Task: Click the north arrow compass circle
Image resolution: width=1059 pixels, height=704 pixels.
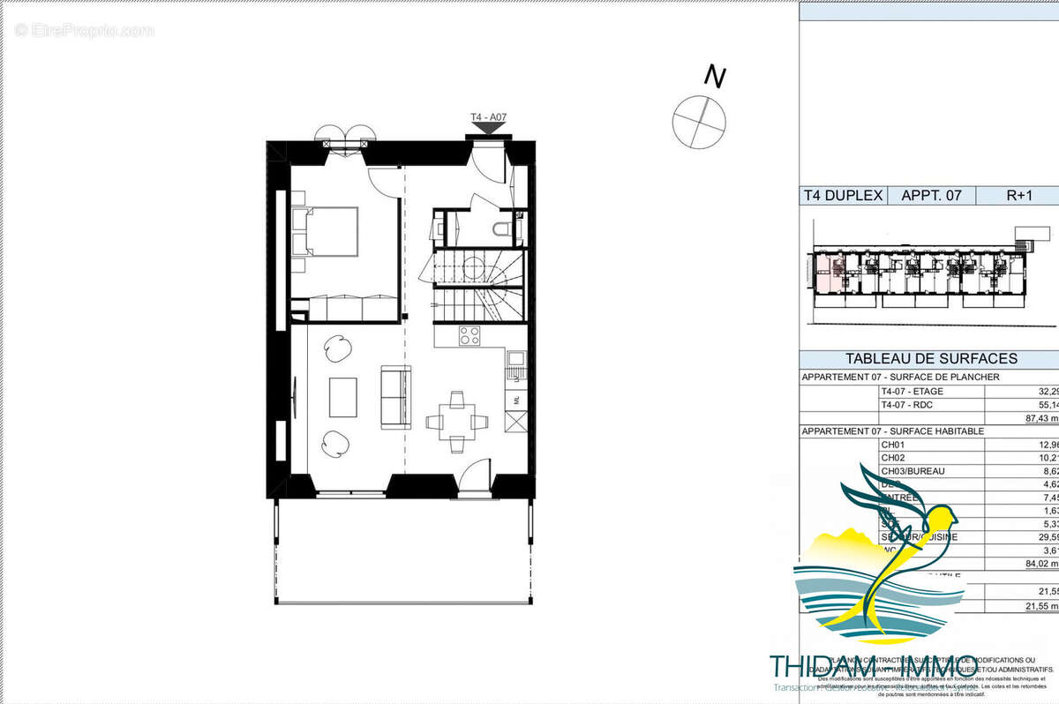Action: tap(700, 122)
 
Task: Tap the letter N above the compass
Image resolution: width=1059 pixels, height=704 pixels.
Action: tap(715, 78)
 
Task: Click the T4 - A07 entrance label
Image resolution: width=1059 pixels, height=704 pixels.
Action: tap(488, 116)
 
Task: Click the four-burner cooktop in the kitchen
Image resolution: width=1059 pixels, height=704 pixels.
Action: tap(469, 335)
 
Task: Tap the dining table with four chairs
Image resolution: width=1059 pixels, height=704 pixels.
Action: tap(456, 420)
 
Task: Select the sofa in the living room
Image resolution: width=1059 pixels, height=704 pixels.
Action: tap(395, 397)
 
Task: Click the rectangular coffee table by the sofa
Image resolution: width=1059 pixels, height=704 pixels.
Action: tap(343, 397)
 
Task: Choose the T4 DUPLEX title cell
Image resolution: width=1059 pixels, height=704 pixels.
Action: tap(843, 196)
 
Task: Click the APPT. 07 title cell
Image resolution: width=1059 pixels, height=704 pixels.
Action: tap(930, 196)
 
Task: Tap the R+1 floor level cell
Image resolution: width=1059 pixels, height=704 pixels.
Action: tap(1019, 196)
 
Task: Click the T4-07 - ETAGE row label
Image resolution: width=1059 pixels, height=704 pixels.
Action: tap(913, 391)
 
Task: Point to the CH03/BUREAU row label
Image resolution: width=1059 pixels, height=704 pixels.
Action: tap(913, 471)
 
